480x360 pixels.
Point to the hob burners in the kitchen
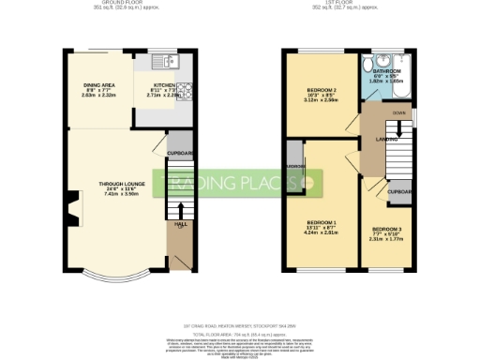(x=185, y=91)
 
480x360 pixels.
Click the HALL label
(x=179, y=224)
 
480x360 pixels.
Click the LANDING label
(x=387, y=139)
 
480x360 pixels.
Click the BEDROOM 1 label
(x=321, y=221)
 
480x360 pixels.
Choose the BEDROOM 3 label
(x=385, y=229)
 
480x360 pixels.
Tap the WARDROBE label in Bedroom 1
(x=294, y=166)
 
